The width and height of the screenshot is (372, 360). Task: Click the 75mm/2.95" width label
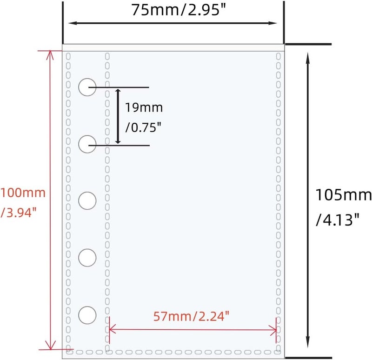click(x=179, y=10)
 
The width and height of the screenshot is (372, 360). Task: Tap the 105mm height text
click(x=343, y=195)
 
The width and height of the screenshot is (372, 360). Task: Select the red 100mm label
click(x=23, y=193)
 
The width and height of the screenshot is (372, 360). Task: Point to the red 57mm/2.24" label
click(x=191, y=316)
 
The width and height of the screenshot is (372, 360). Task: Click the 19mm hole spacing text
click(x=144, y=107)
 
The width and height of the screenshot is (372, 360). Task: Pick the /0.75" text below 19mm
click(x=143, y=127)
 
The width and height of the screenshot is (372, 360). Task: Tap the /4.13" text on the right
click(x=338, y=220)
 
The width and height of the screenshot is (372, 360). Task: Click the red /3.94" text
click(x=19, y=212)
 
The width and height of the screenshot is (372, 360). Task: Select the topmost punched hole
click(x=87, y=87)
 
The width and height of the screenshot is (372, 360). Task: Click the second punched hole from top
click(x=87, y=144)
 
